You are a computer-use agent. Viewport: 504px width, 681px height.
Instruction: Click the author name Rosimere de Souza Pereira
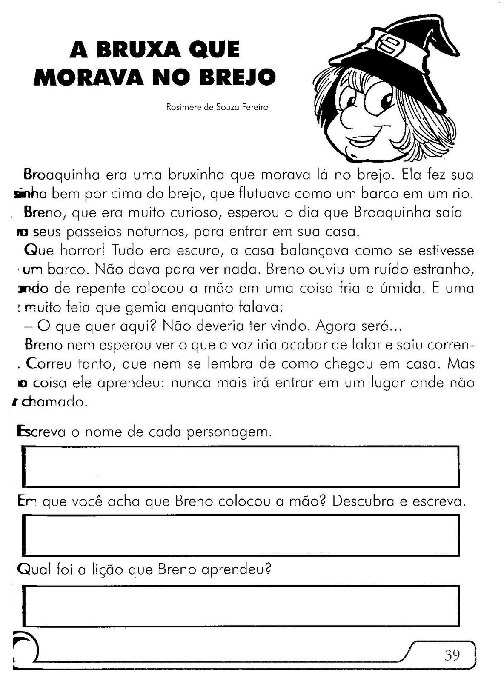(217, 107)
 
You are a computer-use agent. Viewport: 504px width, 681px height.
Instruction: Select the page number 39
(452, 654)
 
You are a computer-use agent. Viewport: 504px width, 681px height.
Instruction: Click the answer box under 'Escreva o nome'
(241, 466)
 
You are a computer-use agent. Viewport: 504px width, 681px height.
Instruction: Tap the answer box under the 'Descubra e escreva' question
(241, 535)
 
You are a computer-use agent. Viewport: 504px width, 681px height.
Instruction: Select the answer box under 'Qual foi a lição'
(241, 606)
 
